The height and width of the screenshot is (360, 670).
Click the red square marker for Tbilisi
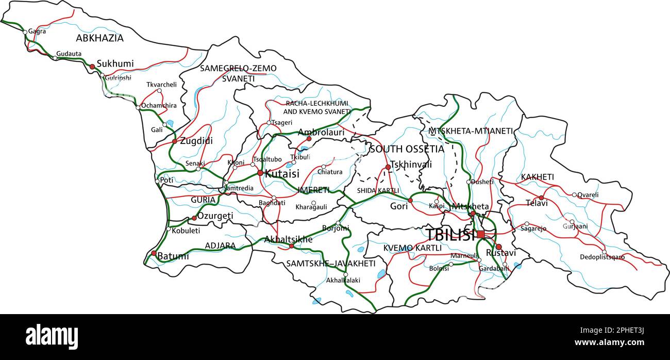[x=481, y=235]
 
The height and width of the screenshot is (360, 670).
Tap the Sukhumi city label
[x=115, y=64]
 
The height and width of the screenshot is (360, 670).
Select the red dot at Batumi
[x=154, y=253]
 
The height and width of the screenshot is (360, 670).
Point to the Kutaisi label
[x=282, y=174]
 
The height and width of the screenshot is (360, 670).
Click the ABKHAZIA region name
[x=99, y=38]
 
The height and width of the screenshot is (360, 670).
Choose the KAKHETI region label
[x=537, y=177]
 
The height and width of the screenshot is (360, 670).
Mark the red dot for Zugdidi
[x=174, y=141]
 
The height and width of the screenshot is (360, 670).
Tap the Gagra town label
[x=37, y=31]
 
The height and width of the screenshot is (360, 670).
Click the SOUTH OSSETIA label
[x=406, y=149]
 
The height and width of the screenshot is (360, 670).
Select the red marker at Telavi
[x=541, y=198]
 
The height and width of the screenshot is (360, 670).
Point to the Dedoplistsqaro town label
[x=602, y=257]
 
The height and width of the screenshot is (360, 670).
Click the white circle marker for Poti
[x=158, y=181]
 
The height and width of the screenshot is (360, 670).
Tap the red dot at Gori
[x=410, y=200]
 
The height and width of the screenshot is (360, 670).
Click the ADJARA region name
[x=220, y=246]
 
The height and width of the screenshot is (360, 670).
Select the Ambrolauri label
[x=321, y=132]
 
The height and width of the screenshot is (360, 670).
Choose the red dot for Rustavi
[x=498, y=247]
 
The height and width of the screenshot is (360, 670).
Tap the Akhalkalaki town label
[x=343, y=281]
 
